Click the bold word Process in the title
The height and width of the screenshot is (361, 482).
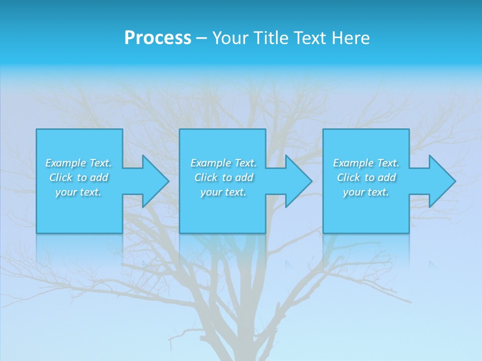(x=158, y=38)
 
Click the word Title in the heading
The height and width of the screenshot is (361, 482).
(x=270, y=38)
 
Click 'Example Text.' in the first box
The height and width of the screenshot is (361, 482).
(x=78, y=163)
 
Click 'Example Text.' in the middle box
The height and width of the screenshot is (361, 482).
(x=223, y=163)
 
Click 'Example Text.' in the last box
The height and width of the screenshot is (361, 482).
(x=366, y=163)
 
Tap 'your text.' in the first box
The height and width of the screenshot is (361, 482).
(x=78, y=192)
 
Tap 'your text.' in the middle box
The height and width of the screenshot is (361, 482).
(x=223, y=192)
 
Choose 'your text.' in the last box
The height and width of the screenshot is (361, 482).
(x=366, y=192)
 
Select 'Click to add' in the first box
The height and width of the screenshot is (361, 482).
(x=79, y=177)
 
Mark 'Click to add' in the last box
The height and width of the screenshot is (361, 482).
(x=367, y=177)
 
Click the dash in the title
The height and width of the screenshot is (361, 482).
(x=201, y=38)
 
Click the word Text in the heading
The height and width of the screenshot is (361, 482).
(x=309, y=38)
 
